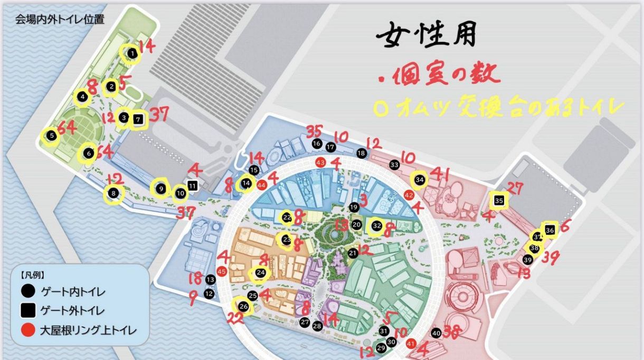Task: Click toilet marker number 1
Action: coord(132,53)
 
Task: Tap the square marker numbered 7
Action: coord(138,119)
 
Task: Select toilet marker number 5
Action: coord(51,136)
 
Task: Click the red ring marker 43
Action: coord(320,163)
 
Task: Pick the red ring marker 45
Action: coord(222,271)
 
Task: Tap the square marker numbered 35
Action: coord(499,201)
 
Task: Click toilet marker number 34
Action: coord(420,179)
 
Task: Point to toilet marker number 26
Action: coord(243,306)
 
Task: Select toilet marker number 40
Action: coord(435,333)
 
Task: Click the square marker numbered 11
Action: coord(192,186)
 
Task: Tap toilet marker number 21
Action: coord(353,253)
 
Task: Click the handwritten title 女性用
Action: coord(426,35)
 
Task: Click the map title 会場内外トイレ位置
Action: coord(60,20)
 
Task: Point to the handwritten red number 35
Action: coord(314,130)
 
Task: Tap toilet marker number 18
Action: coord(361,153)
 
